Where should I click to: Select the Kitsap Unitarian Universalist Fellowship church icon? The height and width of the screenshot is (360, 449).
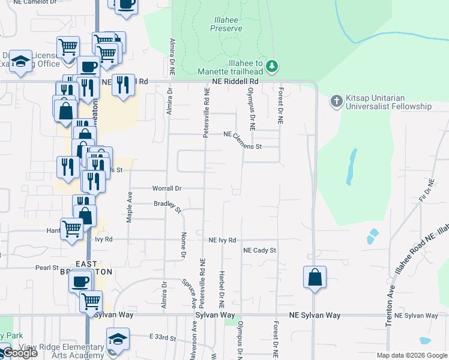coord(336,102)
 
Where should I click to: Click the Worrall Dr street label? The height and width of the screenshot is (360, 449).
coord(167,188)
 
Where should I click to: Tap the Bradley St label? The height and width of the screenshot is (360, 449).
coord(167,206)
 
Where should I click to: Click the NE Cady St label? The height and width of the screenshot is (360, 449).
coord(259,250)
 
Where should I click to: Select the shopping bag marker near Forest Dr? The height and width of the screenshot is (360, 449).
coord(315,277)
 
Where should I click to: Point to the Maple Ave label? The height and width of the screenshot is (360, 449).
coord(129,208)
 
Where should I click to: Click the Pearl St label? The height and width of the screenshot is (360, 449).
coord(46,268)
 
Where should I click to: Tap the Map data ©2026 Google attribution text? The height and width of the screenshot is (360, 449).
coord(412,355)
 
